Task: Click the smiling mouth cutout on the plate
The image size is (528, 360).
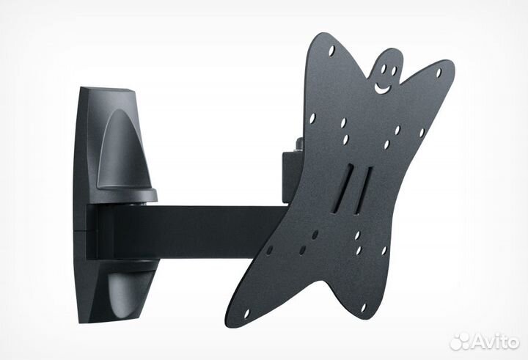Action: coord(382,89)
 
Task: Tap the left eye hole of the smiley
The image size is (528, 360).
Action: coord(384,69)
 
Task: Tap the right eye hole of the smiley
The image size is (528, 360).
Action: coord(394,70)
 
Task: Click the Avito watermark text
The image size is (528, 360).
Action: coord(495,342)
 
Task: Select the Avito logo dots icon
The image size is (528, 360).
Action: coord(460,342)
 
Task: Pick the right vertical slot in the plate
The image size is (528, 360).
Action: coord(363,191)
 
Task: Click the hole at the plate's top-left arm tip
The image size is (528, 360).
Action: coord(331,51)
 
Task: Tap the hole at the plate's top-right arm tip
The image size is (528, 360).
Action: coord(439,73)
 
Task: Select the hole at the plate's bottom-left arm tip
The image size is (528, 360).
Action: coord(246,313)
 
